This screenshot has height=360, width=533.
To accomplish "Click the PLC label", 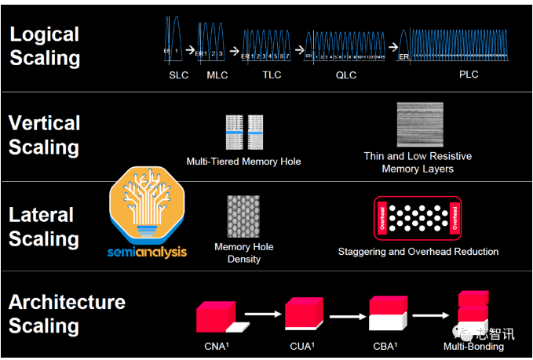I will pyautogui.click(x=469, y=75).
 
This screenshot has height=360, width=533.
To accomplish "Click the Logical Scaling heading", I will pyautogui.click(x=45, y=46).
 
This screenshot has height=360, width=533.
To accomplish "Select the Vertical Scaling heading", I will pyautogui.click(x=45, y=136).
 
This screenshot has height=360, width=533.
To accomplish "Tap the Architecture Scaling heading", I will pyautogui.click(x=67, y=314).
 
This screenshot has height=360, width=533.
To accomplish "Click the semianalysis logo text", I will pyautogui.click(x=148, y=253).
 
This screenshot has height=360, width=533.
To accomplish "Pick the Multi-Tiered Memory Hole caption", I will pyautogui.click(x=243, y=162).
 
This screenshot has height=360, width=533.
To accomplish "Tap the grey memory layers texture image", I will pyautogui.click(x=420, y=125).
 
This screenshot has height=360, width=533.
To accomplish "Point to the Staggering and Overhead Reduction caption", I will pyautogui.click(x=418, y=252).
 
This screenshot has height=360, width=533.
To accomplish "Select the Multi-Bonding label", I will pyautogui.click(x=473, y=346).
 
